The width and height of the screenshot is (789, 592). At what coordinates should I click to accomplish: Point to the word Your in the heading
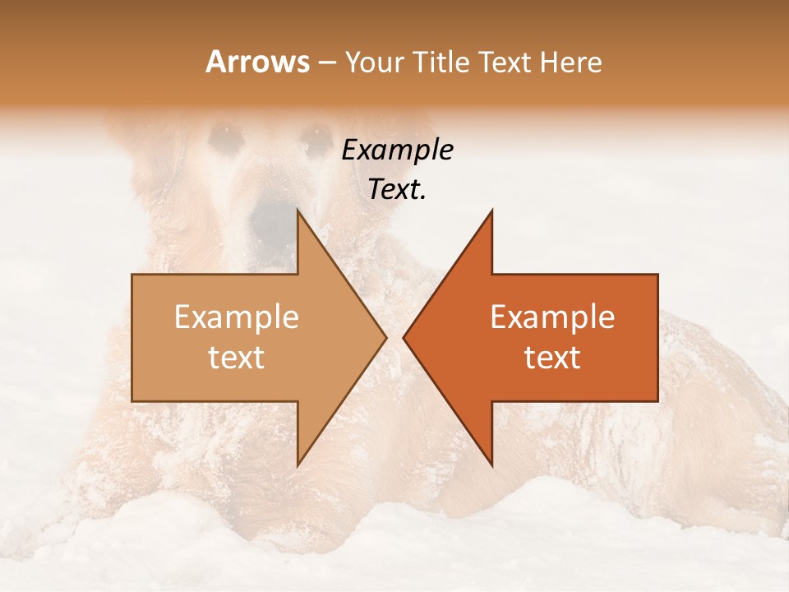point(374,62)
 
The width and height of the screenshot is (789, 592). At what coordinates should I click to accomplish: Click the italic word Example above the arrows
point(398,150)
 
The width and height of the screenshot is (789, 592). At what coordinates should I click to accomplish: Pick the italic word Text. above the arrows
point(398,190)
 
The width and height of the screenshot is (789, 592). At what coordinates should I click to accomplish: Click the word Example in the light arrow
point(237,317)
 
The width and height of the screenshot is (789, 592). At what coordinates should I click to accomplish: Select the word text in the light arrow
point(237,358)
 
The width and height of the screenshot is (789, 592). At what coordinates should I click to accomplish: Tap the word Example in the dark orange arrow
point(552,317)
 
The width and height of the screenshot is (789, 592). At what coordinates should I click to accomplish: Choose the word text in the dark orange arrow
point(552,358)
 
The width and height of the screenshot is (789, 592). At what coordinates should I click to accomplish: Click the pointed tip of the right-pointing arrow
point(386,337)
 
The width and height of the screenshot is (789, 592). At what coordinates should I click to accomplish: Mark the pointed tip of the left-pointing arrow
point(404,337)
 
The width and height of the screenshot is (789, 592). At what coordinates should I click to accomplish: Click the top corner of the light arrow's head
point(298,210)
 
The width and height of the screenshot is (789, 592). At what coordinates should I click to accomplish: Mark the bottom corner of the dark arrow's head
point(491,465)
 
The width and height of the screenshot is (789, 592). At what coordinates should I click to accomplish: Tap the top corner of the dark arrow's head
point(491,210)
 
